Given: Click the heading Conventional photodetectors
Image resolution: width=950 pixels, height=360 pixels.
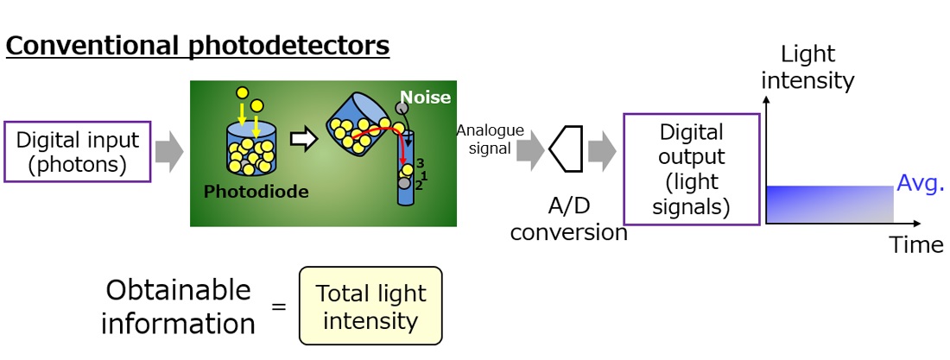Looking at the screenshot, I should pyautogui.click(x=198, y=45).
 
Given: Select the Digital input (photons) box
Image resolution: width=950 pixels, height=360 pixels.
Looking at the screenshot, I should pyautogui.click(x=78, y=152).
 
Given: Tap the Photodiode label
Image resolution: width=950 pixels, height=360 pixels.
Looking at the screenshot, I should pyautogui.click(x=256, y=192).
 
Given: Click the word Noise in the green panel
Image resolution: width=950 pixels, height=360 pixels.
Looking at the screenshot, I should pyautogui.click(x=425, y=97).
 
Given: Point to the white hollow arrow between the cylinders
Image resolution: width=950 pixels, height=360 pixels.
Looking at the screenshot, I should pyautogui.click(x=304, y=141).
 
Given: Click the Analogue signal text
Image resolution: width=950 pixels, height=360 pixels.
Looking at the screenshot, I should pyautogui.click(x=490, y=139).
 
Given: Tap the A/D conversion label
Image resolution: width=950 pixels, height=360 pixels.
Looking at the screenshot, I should pyautogui.click(x=568, y=220).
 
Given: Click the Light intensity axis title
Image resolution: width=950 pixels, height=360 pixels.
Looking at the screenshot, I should pyautogui.click(x=808, y=67).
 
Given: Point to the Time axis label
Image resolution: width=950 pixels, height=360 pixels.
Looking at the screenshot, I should pyautogui.click(x=916, y=245).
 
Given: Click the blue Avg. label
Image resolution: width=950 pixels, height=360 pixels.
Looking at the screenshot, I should pyautogui.click(x=921, y=183).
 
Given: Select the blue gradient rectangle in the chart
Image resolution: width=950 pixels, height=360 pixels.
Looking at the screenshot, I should pyautogui.click(x=828, y=205).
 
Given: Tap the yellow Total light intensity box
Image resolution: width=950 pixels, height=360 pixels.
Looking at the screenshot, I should pyautogui.click(x=370, y=306).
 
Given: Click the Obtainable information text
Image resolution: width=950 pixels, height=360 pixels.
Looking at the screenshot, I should pyautogui.click(x=179, y=306).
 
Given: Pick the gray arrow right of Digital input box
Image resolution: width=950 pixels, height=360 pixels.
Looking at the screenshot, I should pyautogui.click(x=169, y=151).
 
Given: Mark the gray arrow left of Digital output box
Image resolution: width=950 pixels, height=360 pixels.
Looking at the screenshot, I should pyautogui.click(x=601, y=151).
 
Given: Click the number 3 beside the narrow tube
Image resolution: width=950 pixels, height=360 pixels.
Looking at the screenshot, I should pyautogui.click(x=420, y=163).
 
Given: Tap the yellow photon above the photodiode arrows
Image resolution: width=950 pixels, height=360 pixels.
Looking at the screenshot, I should pyautogui.click(x=243, y=92).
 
